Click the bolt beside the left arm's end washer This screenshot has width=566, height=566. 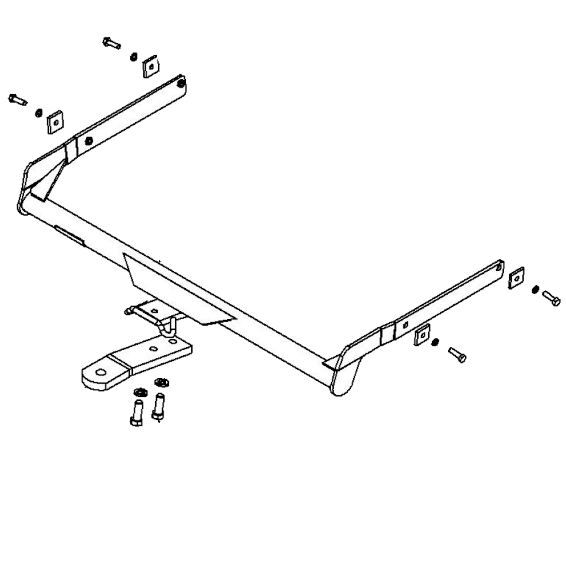[x=112, y=43]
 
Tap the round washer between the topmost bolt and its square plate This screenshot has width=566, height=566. [x=134, y=56]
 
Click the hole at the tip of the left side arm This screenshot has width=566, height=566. [x=181, y=84]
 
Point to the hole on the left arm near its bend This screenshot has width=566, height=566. [x=87, y=141]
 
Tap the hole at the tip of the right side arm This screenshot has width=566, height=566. [x=499, y=267]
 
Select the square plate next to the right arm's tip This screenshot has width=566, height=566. [x=516, y=277]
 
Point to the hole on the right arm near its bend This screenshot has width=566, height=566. [x=405, y=324]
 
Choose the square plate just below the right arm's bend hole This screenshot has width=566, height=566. [x=421, y=335]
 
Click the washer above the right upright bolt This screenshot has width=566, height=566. [x=160, y=382]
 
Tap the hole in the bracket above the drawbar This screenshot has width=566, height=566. [x=154, y=311]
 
